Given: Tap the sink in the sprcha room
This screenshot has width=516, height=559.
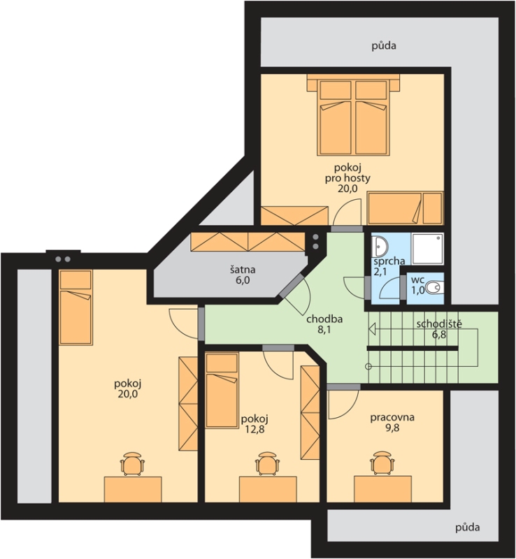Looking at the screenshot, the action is pyautogui.click(x=379, y=246).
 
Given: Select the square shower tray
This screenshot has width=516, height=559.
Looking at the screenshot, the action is pyautogui.click(x=427, y=249).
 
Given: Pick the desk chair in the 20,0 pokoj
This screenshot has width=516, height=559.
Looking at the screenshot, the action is pyautogui.click(x=133, y=463).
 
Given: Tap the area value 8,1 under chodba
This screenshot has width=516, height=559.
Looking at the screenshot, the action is pyautogui.click(x=324, y=329).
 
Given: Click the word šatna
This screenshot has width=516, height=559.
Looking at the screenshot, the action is pyautogui.click(x=243, y=270).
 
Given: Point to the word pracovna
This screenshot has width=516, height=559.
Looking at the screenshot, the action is pyautogui.click(x=392, y=417).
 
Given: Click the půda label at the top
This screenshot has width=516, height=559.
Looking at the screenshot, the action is pyautogui.click(x=384, y=45).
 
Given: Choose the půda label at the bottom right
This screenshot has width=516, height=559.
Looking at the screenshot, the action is pyautogui.click(x=468, y=527).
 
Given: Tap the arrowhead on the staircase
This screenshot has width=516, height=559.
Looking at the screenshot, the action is pyautogui.click(x=373, y=329).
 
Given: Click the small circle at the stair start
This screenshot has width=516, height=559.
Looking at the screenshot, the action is pyautogui.click(x=368, y=366).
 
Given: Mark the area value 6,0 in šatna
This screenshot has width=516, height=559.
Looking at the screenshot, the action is pyautogui.click(x=243, y=280).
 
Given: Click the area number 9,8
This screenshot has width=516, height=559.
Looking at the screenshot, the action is pyautogui.click(x=392, y=428).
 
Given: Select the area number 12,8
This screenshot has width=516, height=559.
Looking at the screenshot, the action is pyautogui.click(x=255, y=429).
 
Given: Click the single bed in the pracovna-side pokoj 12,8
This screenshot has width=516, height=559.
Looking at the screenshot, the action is pyautogui.click(x=222, y=389).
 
